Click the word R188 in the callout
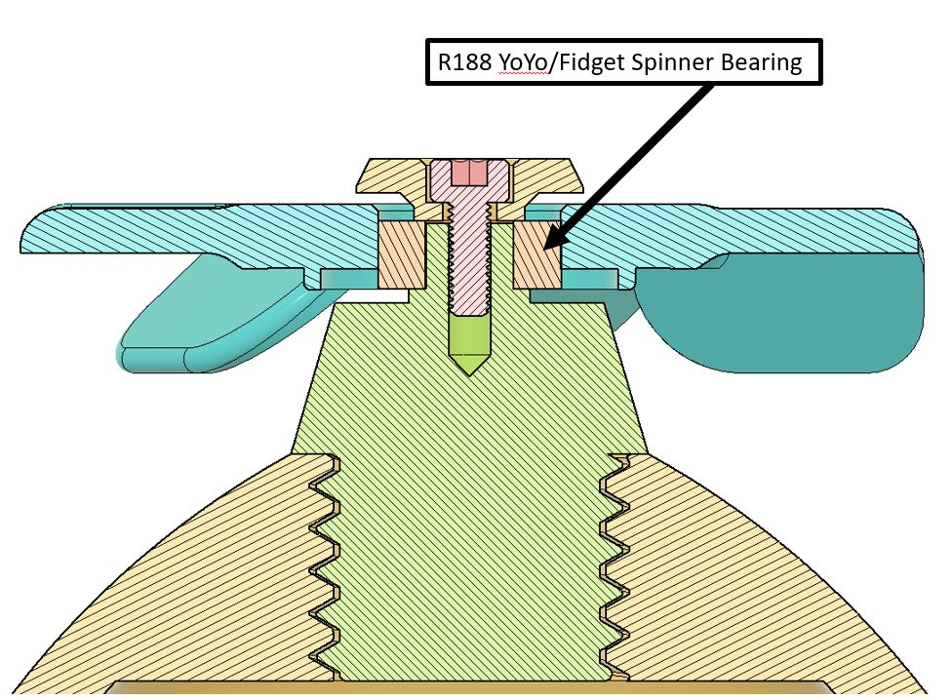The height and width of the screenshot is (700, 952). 464,61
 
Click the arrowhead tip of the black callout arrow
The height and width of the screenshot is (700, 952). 544,250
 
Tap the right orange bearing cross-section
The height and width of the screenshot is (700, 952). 536,254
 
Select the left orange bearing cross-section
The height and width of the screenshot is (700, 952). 401,254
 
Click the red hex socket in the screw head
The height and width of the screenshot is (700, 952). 469,173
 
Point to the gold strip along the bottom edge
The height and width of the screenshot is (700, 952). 470,687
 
